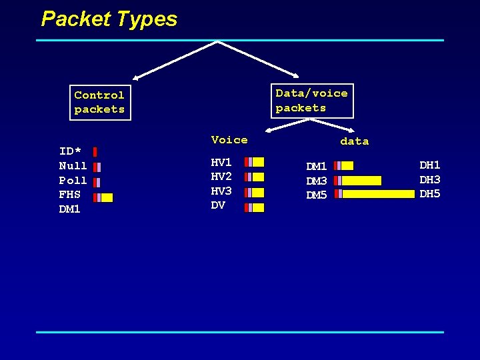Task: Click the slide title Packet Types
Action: [109, 19]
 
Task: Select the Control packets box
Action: [100, 102]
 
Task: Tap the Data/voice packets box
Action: [311, 101]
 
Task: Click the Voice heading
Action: [229, 139]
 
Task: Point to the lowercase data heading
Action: [354, 141]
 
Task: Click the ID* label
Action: [70, 151]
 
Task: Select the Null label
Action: [73, 166]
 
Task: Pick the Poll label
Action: [73, 181]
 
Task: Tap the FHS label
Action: [69, 195]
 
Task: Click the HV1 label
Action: [221, 162]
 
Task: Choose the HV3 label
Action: [221, 191]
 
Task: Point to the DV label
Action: [218, 205]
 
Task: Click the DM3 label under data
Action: [316, 181]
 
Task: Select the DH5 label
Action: [430, 194]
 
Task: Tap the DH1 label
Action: [430, 165]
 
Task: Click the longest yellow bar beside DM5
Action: [378, 194]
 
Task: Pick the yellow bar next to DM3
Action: [361, 181]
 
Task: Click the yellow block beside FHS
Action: [107, 197]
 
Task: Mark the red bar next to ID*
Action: [95, 152]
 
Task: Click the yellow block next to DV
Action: [259, 207]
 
